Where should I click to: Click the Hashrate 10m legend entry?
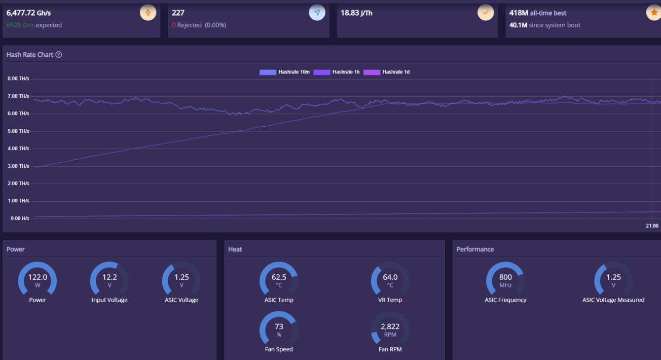click(x=284, y=72)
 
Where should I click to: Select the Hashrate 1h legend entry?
click(x=337, y=72)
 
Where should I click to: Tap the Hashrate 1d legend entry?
click(x=387, y=72)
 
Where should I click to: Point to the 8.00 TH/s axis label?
click(x=18, y=79)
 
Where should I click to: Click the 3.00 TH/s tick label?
click(x=18, y=166)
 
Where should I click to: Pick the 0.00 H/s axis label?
click(x=18, y=218)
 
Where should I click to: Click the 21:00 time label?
click(x=652, y=226)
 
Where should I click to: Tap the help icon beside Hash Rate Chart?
click(x=59, y=55)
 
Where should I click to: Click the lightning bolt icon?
click(x=148, y=13)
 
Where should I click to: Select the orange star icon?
click(x=654, y=13)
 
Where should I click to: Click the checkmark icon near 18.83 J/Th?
click(x=486, y=13)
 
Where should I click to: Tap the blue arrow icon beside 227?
click(x=317, y=13)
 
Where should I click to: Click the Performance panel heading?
click(x=475, y=249)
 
